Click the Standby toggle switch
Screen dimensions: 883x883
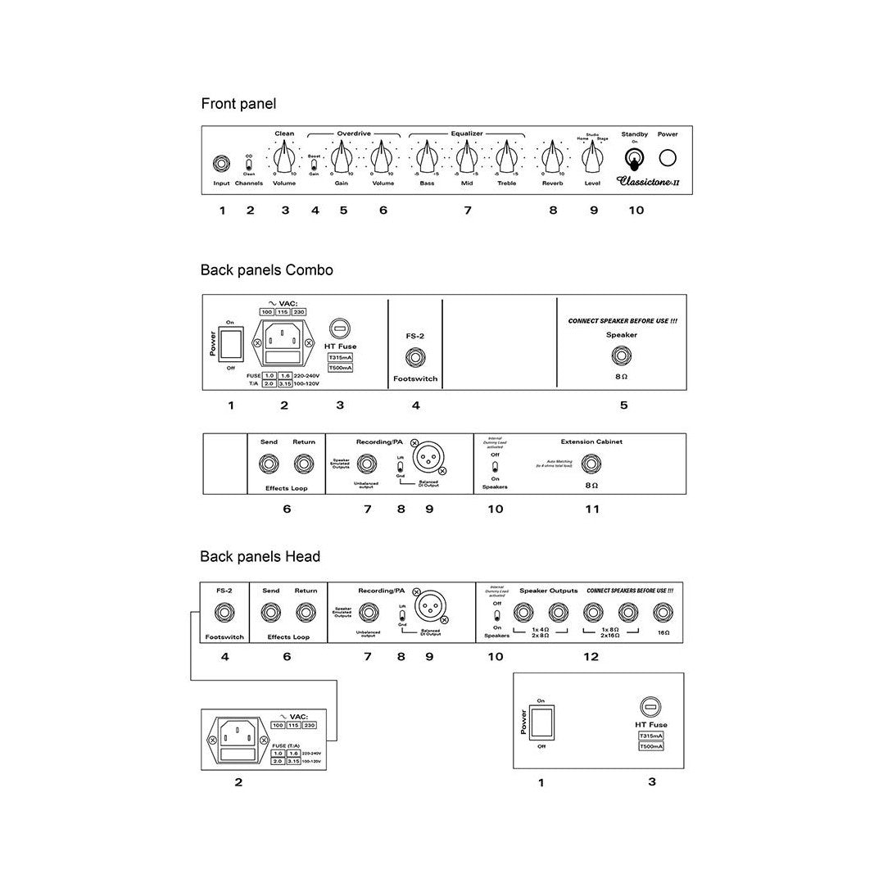point(634,157)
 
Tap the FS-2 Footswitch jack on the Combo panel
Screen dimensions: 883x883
point(415,357)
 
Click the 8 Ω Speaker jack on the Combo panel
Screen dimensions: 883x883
point(622,356)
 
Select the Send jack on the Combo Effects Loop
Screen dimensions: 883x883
point(269,464)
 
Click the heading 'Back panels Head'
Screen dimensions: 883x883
point(260,557)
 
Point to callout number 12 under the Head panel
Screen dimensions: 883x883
point(591,657)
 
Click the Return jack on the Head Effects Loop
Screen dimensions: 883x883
point(306,612)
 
